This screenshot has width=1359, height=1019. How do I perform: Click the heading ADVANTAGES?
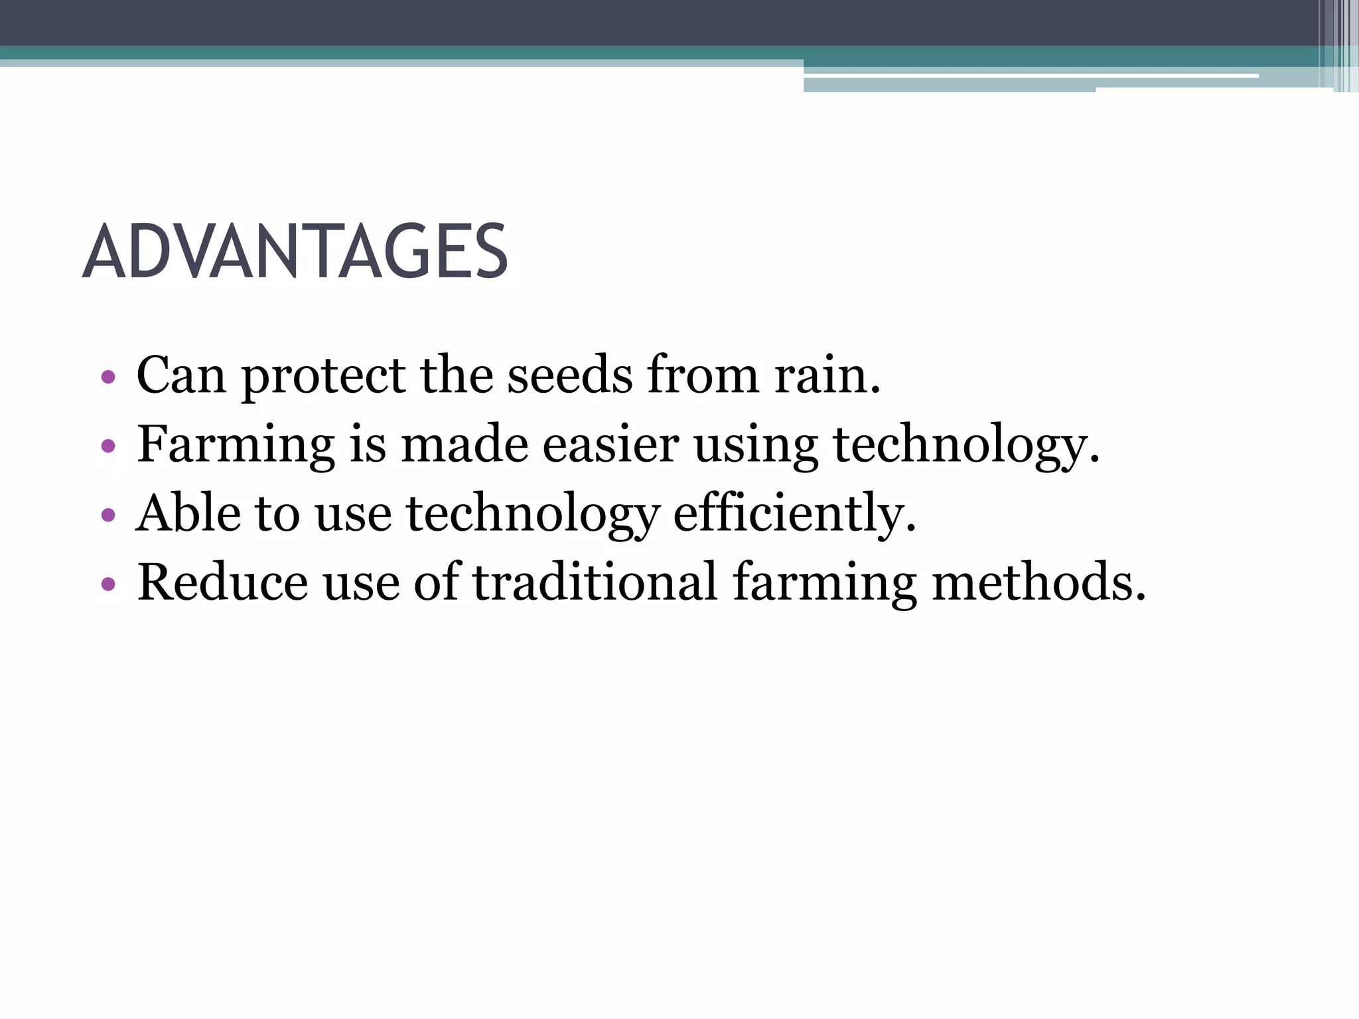point(295,252)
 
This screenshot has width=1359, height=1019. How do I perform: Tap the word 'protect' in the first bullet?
point(323,376)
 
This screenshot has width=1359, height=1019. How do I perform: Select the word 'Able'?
point(188,514)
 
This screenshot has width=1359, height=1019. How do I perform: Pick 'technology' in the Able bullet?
point(533,514)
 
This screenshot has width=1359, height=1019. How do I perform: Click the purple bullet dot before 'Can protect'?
point(108,378)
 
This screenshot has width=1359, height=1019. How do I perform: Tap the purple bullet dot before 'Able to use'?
point(108,515)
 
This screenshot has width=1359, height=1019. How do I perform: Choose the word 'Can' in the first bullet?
point(181,376)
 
